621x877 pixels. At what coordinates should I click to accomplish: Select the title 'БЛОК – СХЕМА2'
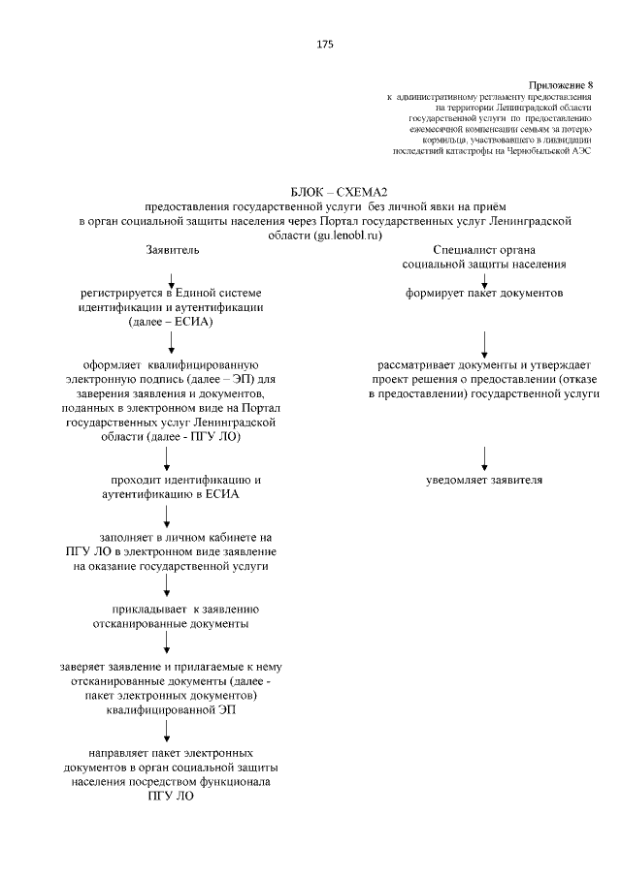pos(325,192)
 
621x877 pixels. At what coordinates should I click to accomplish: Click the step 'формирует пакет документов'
pos(484,293)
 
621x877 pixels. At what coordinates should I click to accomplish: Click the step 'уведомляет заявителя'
pos(484,480)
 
